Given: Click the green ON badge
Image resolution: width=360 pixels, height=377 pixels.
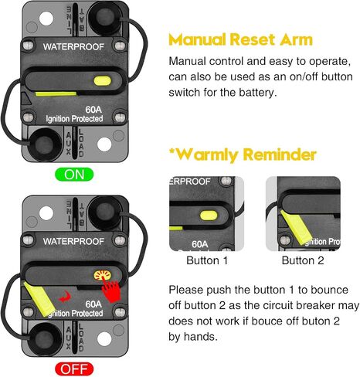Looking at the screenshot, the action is [x=74, y=175].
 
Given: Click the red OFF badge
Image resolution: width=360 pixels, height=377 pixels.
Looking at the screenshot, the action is [x=74, y=369].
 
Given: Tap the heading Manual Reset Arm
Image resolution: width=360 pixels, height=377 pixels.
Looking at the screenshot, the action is [x=240, y=39].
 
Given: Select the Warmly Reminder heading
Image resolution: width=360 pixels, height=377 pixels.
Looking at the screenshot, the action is [x=243, y=155].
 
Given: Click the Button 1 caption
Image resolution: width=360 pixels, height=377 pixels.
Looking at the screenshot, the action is [x=207, y=260].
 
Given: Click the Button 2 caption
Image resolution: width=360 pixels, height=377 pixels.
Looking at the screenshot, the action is [x=303, y=260].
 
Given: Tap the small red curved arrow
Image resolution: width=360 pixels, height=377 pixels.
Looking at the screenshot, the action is [x=64, y=297].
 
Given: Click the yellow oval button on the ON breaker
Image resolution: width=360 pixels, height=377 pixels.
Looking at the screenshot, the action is [x=103, y=80].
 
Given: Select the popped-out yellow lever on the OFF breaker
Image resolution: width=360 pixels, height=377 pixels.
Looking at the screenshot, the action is [x=39, y=298].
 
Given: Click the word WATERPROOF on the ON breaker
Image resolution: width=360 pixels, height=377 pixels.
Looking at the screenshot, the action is [x=73, y=47].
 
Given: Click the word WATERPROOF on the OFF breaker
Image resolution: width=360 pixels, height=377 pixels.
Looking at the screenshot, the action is [x=73, y=242].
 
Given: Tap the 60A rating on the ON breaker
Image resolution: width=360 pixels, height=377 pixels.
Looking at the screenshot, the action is [x=93, y=110].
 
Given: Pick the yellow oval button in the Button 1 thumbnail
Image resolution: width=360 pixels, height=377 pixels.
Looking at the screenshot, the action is [x=209, y=216].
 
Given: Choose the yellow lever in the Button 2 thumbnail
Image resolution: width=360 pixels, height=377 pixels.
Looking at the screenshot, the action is [x=296, y=227].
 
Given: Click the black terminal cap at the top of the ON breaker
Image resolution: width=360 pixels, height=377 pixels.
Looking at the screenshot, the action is [x=104, y=18].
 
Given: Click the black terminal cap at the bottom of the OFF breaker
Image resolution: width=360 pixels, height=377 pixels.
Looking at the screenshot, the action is [x=46, y=340].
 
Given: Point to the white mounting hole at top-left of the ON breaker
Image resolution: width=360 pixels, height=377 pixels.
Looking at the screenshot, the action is [x=46, y=19].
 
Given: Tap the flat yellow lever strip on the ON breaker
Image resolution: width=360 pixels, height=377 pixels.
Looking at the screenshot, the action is [x=56, y=93].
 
